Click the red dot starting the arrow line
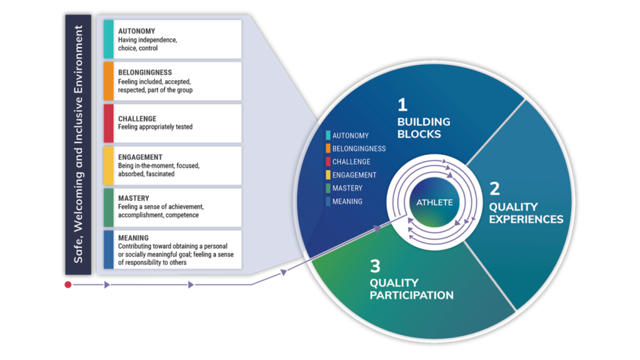[x=68, y=284]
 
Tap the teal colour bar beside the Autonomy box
[x=109, y=39]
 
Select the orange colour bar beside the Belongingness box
[x=109, y=81]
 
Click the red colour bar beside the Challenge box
[x=109, y=123]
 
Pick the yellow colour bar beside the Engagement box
[x=109, y=166]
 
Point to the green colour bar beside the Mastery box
[x=109, y=207]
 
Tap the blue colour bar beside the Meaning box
[x=109, y=249]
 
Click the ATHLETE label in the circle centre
[x=434, y=202]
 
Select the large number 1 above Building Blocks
[x=402, y=105]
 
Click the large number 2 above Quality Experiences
[x=495, y=189]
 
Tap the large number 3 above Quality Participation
[x=375, y=266]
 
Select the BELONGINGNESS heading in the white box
[x=145, y=72]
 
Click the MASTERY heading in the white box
[x=134, y=198]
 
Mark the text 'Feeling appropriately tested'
[x=155, y=127]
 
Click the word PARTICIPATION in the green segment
[x=411, y=295]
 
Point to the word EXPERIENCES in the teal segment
[x=526, y=219]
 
